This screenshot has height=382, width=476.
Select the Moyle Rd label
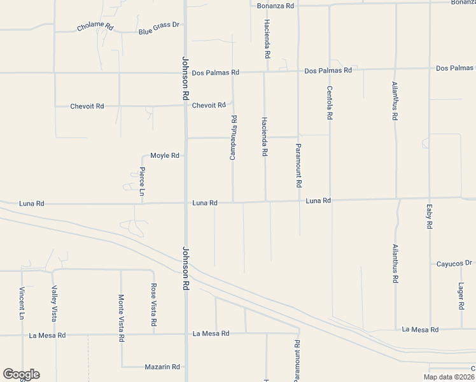pyautogui.click(x=165, y=155)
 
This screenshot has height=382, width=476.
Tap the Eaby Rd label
pyautogui.click(x=430, y=216)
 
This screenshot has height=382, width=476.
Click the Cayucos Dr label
pyautogui.click(x=453, y=263)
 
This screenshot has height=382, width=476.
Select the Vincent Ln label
pyautogui.click(x=22, y=303)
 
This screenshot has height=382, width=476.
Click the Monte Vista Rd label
pyautogui.click(x=121, y=318)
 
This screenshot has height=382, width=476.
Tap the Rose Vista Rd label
pyautogui.click(x=153, y=306)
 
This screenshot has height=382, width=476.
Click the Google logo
pyautogui.click(x=21, y=374)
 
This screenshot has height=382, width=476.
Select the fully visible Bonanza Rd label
pyautogui.click(x=276, y=5)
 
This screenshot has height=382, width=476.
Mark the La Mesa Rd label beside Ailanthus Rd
pyautogui.click(x=420, y=330)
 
